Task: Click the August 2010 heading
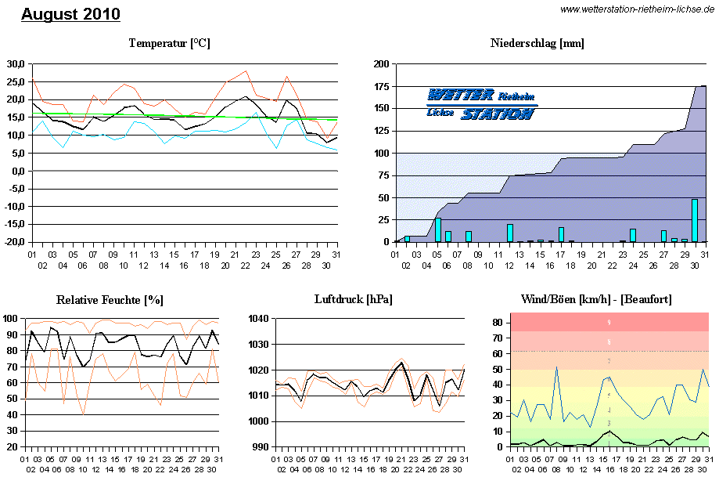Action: [x=70, y=14]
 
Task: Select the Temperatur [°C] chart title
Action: [x=169, y=43]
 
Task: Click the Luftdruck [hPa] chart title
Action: [x=354, y=300]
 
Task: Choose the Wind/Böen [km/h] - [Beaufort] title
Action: [x=596, y=300]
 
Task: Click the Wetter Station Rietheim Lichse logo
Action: [x=481, y=103]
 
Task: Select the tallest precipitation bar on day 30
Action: [x=694, y=221]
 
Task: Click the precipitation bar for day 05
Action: [x=438, y=230]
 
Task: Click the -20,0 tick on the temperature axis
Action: [x=15, y=242]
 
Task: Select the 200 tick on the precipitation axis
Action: [x=380, y=63]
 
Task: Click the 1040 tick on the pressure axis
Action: [x=259, y=319]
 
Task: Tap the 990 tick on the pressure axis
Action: [x=261, y=446]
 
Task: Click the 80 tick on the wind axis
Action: [x=497, y=322]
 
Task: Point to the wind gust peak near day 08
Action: [x=556, y=367]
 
